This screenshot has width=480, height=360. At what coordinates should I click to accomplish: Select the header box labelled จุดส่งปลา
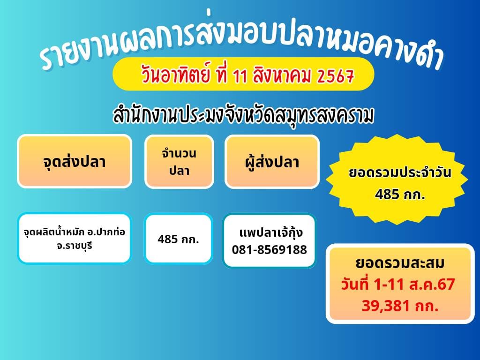[x=75, y=162]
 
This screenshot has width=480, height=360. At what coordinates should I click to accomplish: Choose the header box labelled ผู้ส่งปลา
[x=272, y=162]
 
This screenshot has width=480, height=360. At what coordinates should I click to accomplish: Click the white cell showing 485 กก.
[x=178, y=239]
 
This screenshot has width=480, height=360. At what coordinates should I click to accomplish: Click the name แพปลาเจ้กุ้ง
[x=270, y=232]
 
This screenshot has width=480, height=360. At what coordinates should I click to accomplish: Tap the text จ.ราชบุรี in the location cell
[x=75, y=245]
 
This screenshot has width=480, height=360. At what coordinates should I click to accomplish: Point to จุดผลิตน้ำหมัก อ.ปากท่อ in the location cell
[x=75, y=232]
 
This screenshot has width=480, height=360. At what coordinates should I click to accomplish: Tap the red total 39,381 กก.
[x=400, y=306]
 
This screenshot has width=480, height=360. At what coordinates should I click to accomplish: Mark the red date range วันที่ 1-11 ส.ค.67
[x=399, y=285]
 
